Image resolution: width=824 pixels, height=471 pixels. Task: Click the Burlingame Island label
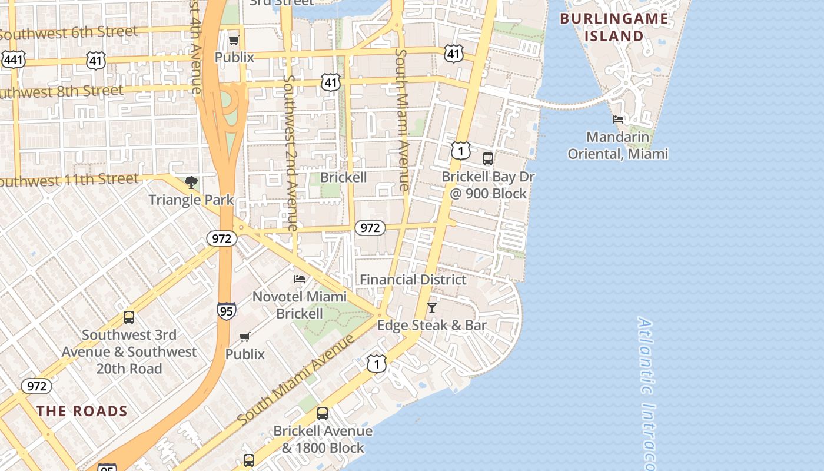[614, 27]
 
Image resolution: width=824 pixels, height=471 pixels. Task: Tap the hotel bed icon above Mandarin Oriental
[618, 119]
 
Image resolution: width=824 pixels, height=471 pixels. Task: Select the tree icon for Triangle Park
[191, 183]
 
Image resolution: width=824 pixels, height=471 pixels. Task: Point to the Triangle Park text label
[191, 200]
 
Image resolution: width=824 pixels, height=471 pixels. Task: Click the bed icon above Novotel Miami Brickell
[300, 278]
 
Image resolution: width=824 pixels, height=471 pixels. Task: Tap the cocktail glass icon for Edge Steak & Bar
[432, 307]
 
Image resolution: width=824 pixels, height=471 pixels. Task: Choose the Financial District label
[413, 280]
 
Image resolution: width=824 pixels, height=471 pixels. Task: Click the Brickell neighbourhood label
[343, 177]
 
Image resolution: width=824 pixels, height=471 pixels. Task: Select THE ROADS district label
[82, 411]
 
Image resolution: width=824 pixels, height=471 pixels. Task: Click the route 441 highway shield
[13, 59]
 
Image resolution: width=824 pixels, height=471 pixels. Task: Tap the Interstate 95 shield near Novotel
[227, 310]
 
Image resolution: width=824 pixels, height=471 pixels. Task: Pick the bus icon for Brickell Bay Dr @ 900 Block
[487, 158]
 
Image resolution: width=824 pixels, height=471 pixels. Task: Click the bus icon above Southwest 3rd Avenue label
[129, 317]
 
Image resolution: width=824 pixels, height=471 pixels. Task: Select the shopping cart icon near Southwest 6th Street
[234, 40]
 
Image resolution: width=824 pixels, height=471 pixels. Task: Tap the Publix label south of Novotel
[245, 354]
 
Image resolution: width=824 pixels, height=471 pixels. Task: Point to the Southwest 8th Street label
[62, 92]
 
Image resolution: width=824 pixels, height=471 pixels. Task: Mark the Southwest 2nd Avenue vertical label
[291, 152]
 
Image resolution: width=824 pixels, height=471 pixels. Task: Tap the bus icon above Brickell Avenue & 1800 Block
[322, 413]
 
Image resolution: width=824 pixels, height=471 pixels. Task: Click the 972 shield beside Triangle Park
[222, 238]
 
